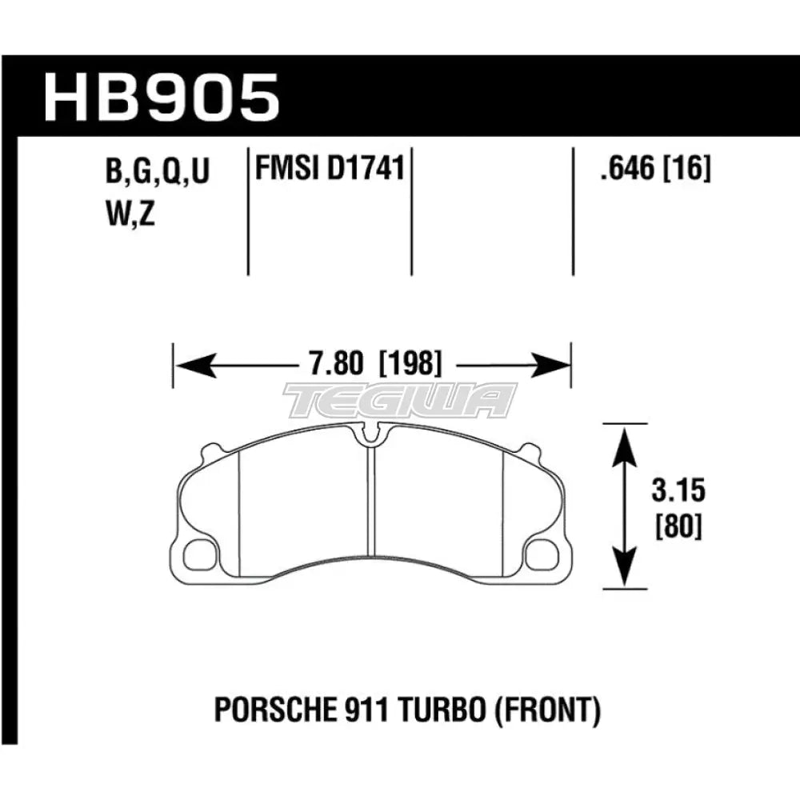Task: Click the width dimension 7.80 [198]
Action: [x=372, y=365]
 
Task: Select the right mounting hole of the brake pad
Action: [x=545, y=551]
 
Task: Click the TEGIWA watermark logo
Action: [x=400, y=400]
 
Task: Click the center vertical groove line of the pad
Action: [x=371, y=512]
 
